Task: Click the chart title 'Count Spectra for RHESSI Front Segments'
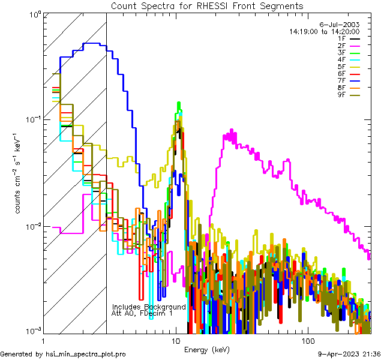tap(207, 6)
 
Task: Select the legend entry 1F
tap(349, 38)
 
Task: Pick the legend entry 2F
tap(349, 46)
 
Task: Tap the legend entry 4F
tap(349, 59)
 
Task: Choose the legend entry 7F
tap(349, 80)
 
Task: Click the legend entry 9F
tap(349, 94)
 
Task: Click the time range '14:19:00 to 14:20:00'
tap(324, 31)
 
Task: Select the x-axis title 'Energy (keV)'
tap(207, 349)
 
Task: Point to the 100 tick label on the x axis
tap(307, 341)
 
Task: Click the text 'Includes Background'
tap(149, 307)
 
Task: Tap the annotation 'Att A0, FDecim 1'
tap(142, 313)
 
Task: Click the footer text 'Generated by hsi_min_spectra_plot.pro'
tap(63, 354)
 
